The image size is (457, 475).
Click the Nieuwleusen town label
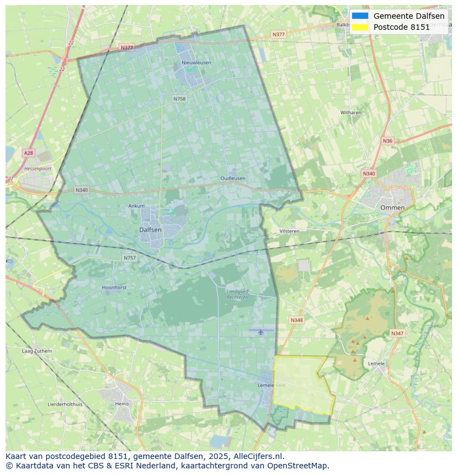click(x=196, y=63)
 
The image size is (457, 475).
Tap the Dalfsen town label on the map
click(x=150, y=230)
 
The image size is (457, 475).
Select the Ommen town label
click(x=392, y=208)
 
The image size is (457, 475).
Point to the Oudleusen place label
click(x=232, y=179)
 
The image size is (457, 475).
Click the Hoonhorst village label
click(x=115, y=287)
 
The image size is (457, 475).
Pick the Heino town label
click(x=122, y=404)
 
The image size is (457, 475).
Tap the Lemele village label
click(x=376, y=364)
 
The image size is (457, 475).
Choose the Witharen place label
click(x=350, y=113)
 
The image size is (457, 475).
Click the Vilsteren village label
click(x=289, y=231)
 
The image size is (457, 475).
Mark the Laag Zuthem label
click(x=36, y=351)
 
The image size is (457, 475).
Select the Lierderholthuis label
click(x=65, y=404)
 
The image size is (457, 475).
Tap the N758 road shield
click(x=179, y=99)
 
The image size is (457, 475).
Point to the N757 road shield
click(x=129, y=258)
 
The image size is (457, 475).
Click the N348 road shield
click(x=296, y=320)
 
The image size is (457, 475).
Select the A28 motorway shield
click(x=28, y=152)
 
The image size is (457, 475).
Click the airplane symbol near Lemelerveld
click(x=261, y=332)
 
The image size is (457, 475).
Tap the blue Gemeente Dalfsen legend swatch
click(x=360, y=16)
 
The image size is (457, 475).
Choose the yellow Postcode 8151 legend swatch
click(x=360, y=27)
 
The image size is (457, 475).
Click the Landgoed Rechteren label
click(x=238, y=293)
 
